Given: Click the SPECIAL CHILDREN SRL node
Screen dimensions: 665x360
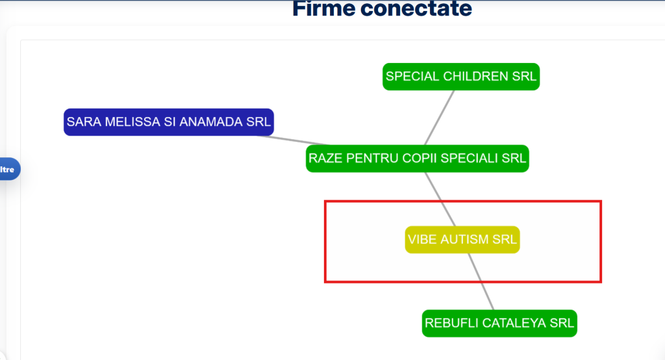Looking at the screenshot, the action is click(x=461, y=77).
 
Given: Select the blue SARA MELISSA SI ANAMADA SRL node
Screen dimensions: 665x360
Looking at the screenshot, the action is click(x=169, y=122).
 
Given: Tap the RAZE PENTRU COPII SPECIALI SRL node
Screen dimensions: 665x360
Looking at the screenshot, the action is click(x=418, y=159).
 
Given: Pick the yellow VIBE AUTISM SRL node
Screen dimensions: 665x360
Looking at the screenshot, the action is click(x=462, y=239).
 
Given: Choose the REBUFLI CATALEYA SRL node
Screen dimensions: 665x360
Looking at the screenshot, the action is click(x=499, y=323).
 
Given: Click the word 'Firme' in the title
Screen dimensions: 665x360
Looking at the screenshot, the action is click(x=323, y=8).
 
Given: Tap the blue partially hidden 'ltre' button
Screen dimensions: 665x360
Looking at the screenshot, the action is click(x=8, y=169).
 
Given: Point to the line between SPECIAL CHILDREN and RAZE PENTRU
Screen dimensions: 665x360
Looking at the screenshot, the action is click(x=440, y=118).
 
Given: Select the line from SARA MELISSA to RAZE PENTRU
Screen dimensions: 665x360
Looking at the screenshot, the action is click(x=293, y=140).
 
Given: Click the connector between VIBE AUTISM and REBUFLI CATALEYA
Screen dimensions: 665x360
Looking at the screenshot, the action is click(x=481, y=281).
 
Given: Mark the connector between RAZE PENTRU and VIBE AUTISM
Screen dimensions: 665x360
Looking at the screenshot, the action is click(x=440, y=199).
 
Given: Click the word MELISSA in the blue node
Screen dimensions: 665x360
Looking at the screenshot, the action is click(x=131, y=122).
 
